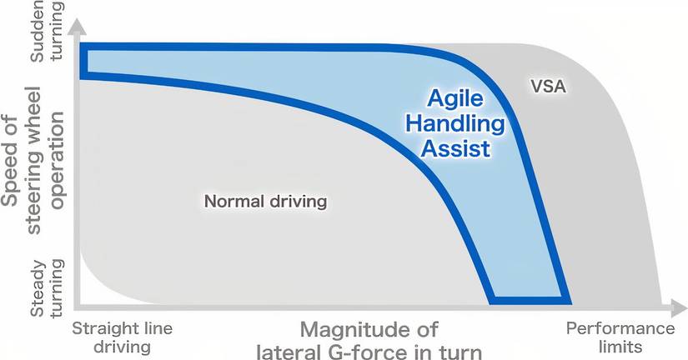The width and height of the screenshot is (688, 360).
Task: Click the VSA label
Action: tap(548, 85)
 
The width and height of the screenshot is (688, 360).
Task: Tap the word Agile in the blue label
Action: tap(455, 97)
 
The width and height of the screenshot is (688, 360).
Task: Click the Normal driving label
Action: tap(265, 202)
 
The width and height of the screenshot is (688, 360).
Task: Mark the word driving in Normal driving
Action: tap(296, 202)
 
